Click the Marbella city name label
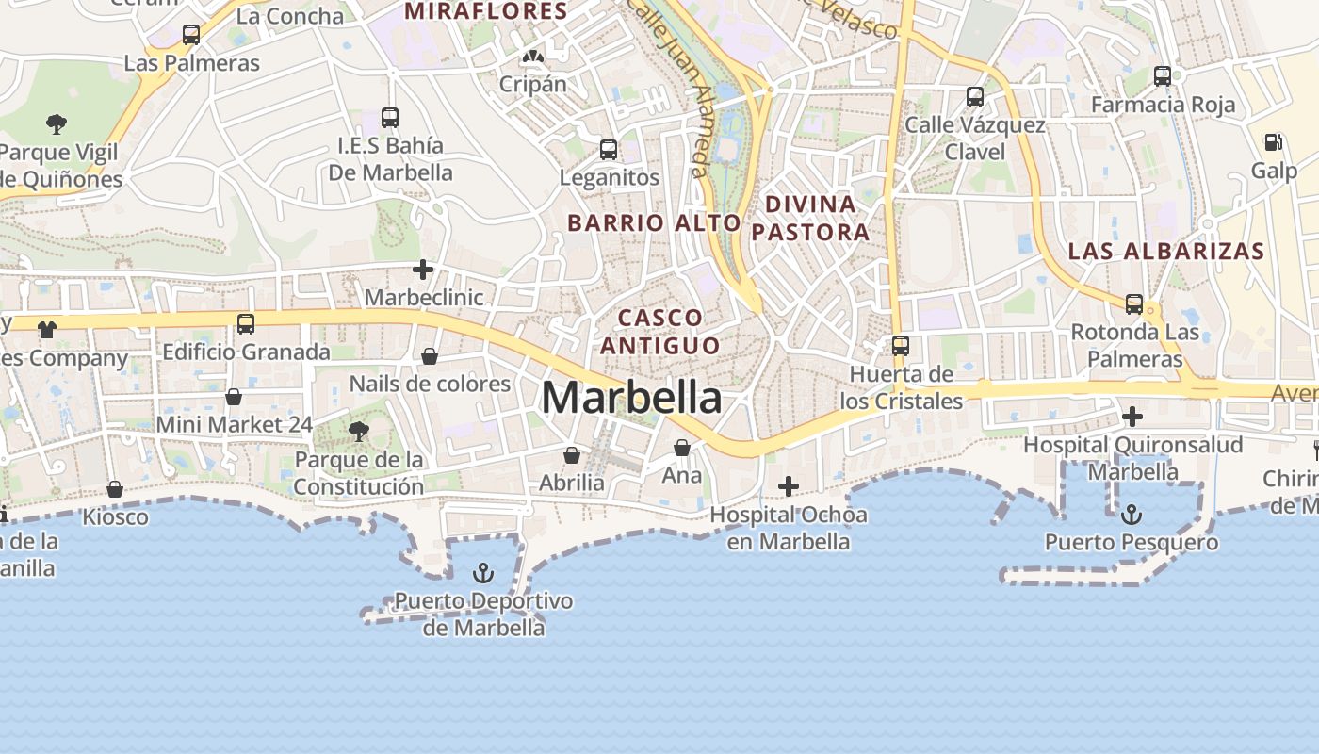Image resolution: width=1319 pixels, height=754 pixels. point(631,398)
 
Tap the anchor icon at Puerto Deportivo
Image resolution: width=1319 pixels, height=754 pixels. point(482,573)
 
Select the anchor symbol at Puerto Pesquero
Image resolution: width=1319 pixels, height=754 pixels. point(1132,515)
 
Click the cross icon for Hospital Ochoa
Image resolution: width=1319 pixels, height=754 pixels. point(789,486)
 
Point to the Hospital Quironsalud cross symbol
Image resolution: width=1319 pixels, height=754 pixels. point(1132,416)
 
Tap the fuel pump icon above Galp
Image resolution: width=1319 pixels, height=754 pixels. point(1273,142)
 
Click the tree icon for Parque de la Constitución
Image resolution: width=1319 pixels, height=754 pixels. point(358,432)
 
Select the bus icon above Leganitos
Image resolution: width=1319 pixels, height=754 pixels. point(609,149)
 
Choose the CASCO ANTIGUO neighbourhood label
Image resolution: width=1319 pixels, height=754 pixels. point(660,332)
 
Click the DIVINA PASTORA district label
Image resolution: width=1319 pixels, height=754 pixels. point(810,218)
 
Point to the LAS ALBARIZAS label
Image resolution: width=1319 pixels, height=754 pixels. point(1165,252)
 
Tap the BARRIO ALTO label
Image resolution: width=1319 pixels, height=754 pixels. point(654,223)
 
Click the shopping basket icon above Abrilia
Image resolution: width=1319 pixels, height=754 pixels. point(572,455)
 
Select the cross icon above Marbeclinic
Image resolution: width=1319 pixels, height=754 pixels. point(423,270)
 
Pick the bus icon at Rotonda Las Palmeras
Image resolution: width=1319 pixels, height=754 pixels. point(1134,304)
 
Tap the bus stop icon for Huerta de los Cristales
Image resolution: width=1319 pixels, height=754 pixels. point(901,346)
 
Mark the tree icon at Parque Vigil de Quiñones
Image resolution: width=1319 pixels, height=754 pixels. point(57,123)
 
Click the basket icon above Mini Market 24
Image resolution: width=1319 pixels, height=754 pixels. point(234,397)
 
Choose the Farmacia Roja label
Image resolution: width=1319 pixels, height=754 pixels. point(1163,105)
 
